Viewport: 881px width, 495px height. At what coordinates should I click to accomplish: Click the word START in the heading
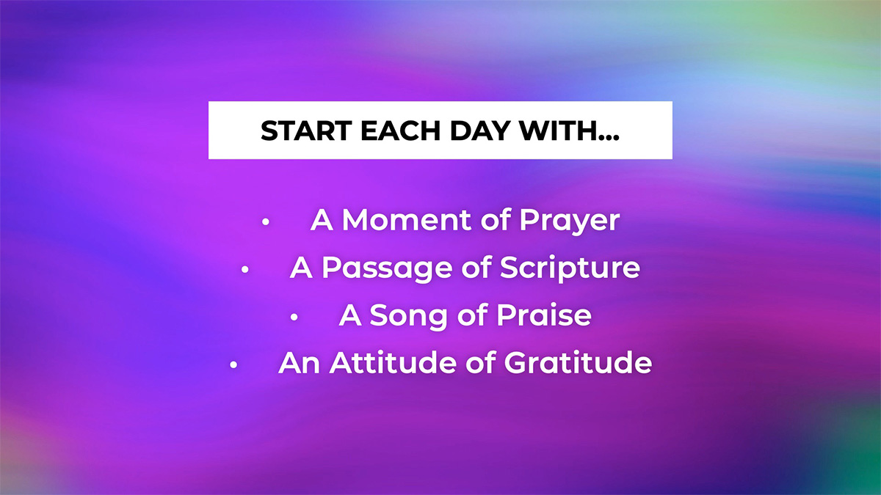pos(306,131)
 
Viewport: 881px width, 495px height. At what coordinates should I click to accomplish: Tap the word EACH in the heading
pos(400,131)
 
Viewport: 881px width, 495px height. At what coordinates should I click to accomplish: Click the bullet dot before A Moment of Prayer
pos(266,221)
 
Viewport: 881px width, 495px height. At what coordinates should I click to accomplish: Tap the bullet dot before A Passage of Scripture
pos(244,270)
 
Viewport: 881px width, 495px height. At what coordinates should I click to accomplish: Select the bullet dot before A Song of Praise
pos(294,317)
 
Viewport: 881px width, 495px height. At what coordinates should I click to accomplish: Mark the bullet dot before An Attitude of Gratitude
pos(233,365)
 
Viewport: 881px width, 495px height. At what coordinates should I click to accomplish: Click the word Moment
pos(407,219)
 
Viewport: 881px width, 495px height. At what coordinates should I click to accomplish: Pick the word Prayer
pos(570,222)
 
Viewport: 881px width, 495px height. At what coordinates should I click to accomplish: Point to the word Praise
pos(544,315)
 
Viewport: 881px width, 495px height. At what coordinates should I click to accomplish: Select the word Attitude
pos(393,362)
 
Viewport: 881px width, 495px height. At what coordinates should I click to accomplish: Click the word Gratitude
pos(579,362)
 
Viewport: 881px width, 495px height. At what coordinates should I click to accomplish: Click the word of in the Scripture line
pos(476,267)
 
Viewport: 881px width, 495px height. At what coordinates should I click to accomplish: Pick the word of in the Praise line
pos(472,315)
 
